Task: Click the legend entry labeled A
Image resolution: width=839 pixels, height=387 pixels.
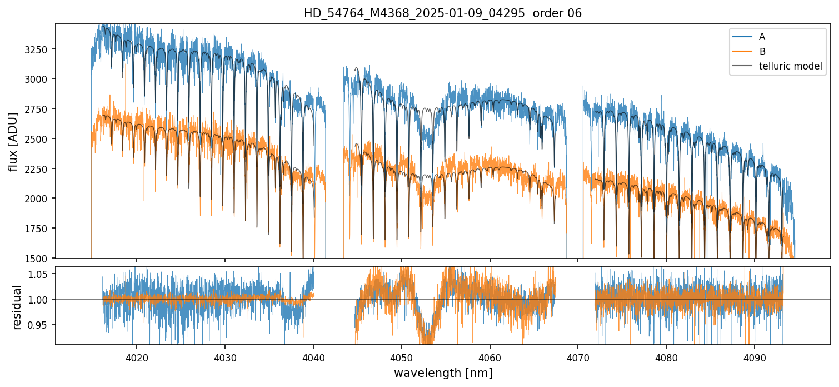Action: [x=762, y=37]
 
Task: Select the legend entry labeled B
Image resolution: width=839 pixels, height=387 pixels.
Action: [x=762, y=52]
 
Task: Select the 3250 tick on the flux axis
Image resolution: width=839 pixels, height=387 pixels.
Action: [x=42, y=49]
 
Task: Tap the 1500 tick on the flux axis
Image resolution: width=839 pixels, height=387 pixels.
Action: [x=42, y=259]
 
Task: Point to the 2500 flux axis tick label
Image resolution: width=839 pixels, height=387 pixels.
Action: [x=42, y=139]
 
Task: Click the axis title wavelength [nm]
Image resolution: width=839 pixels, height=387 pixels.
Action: [x=443, y=373]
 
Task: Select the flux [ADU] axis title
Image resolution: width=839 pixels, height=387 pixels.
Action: [x=14, y=142]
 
